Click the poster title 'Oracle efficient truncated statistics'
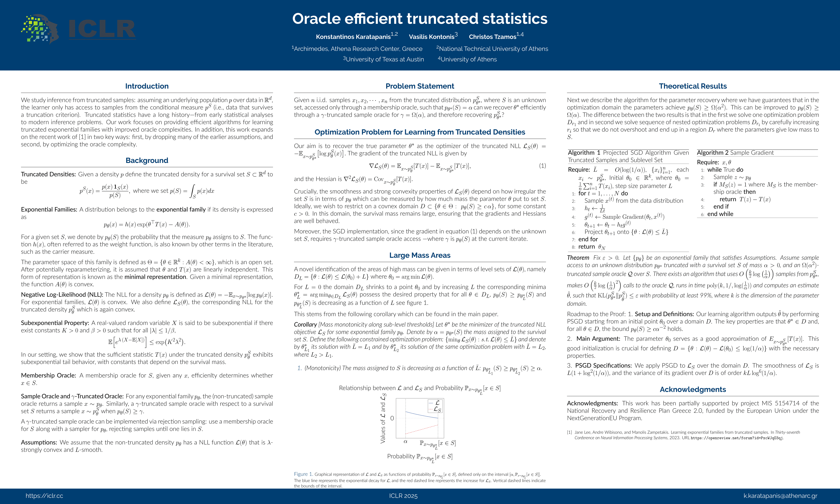(420, 19)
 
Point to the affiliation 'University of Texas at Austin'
(384, 59)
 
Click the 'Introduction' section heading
(147, 86)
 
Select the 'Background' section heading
(147, 160)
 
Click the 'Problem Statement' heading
(420, 86)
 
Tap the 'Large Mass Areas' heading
(420, 255)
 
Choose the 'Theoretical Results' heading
(693, 86)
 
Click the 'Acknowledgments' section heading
(693, 390)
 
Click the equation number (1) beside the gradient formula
(542, 166)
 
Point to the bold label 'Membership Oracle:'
(48, 375)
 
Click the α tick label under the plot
(405, 442)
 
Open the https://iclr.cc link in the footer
(44, 496)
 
